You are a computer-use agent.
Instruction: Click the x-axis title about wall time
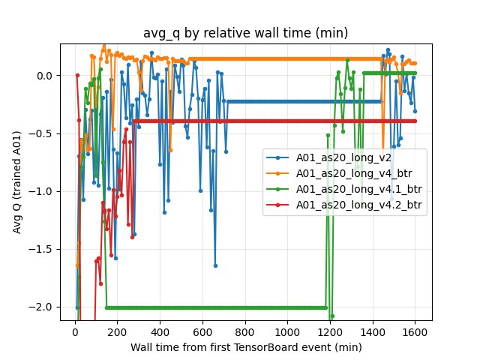pyautogui.click(x=246, y=347)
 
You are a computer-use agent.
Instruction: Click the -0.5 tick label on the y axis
pyautogui.click(x=43, y=133)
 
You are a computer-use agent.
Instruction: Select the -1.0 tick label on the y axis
pyautogui.click(x=43, y=191)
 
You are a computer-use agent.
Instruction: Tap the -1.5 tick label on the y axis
pyautogui.click(x=43, y=249)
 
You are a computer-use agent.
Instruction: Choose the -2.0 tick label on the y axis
pyautogui.click(x=43, y=307)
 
